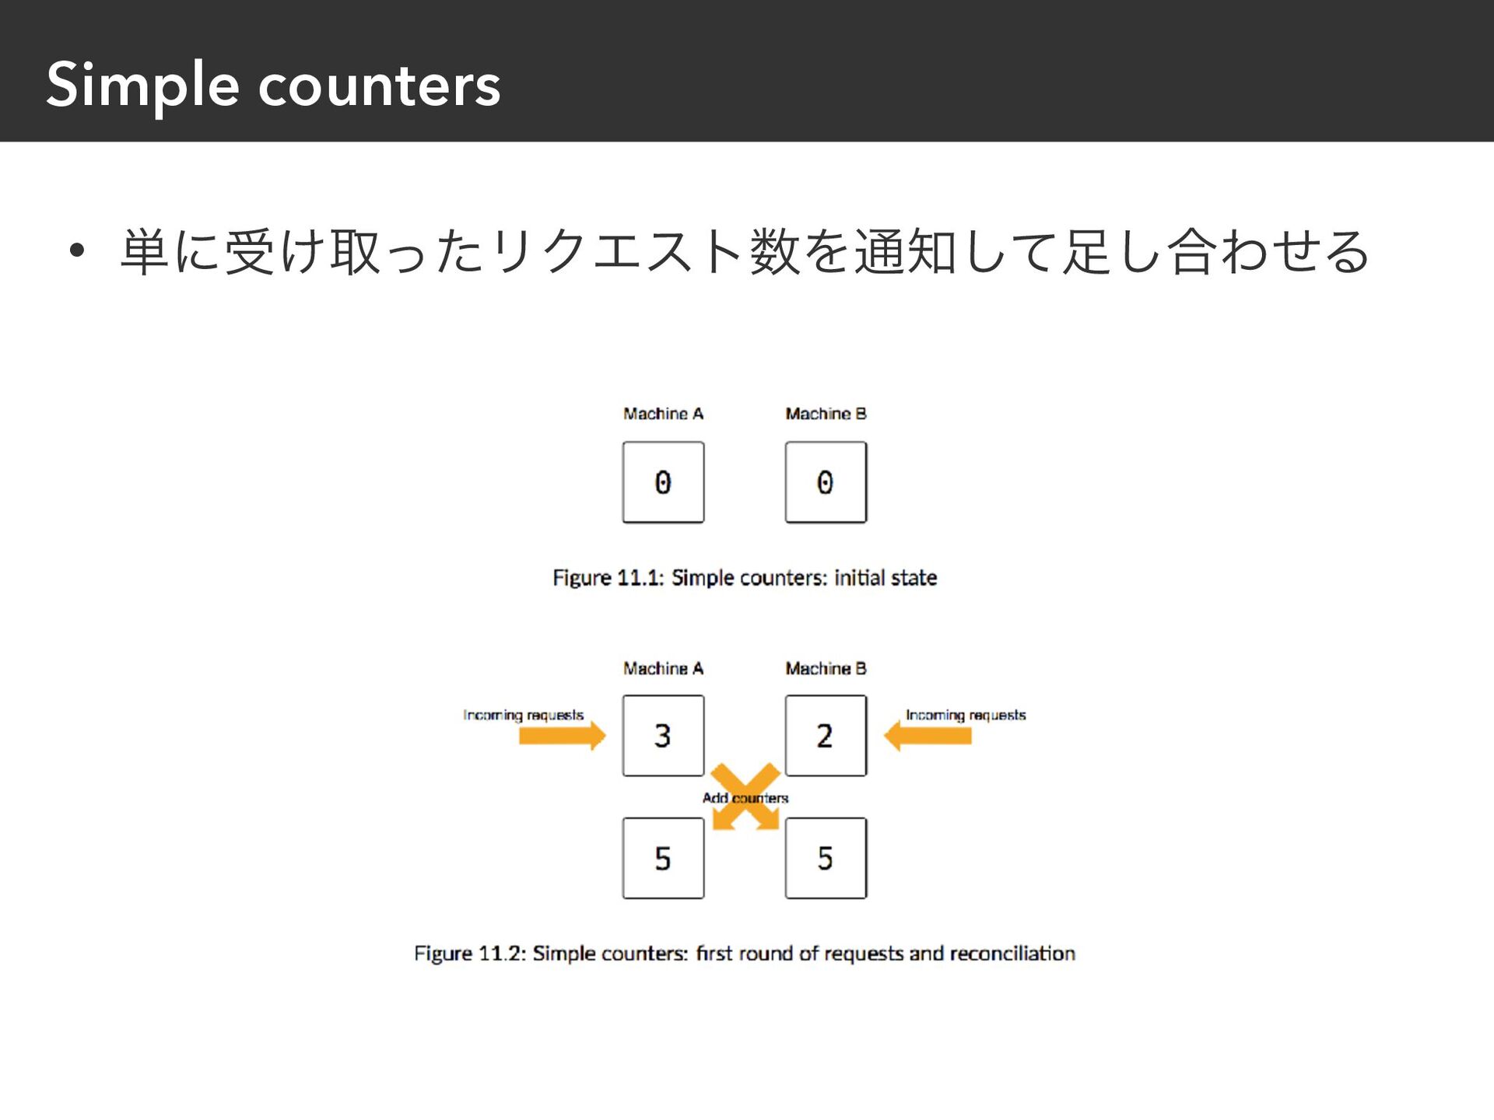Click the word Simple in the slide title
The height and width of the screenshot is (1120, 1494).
(x=142, y=86)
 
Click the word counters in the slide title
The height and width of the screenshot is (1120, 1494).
(x=379, y=86)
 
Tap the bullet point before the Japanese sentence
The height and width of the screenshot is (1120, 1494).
(x=75, y=251)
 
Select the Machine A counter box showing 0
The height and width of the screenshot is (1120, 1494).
(x=663, y=482)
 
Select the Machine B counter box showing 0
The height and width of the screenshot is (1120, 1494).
(x=826, y=482)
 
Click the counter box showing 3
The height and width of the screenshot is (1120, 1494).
(x=663, y=736)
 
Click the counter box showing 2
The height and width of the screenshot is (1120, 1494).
(x=826, y=736)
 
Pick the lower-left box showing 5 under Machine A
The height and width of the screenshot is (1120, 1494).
(x=663, y=859)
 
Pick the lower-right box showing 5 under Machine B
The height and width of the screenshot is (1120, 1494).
(x=826, y=859)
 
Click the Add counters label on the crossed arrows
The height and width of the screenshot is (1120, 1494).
(x=745, y=798)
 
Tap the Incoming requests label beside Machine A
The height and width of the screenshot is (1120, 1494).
(x=523, y=715)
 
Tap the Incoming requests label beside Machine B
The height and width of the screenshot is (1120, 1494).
(x=966, y=715)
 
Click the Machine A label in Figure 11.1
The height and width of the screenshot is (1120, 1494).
(x=663, y=414)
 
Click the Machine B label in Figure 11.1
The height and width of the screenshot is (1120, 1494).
(x=826, y=414)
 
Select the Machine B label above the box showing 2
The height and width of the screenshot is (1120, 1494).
(x=826, y=669)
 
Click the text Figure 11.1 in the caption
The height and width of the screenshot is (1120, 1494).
(x=608, y=578)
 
